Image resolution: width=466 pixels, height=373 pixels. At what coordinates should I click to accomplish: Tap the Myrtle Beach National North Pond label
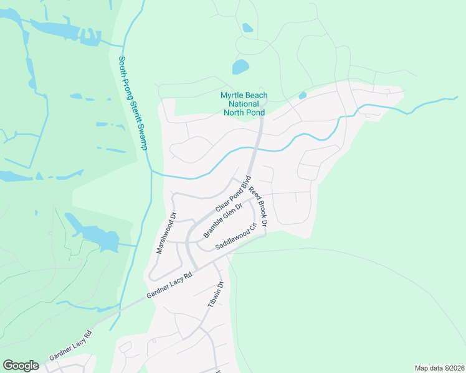pyautogui.click(x=244, y=104)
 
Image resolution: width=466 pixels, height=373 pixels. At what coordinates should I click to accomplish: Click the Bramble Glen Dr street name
pyautogui.click(x=222, y=221)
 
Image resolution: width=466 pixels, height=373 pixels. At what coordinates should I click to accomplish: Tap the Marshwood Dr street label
pyautogui.click(x=166, y=234)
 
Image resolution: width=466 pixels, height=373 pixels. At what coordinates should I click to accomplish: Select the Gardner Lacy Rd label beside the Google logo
pyautogui.click(x=70, y=346)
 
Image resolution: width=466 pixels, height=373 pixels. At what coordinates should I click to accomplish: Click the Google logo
pyautogui.click(x=21, y=366)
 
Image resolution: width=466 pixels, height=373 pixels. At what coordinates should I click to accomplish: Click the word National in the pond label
pyautogui.click(x=244, y=104)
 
